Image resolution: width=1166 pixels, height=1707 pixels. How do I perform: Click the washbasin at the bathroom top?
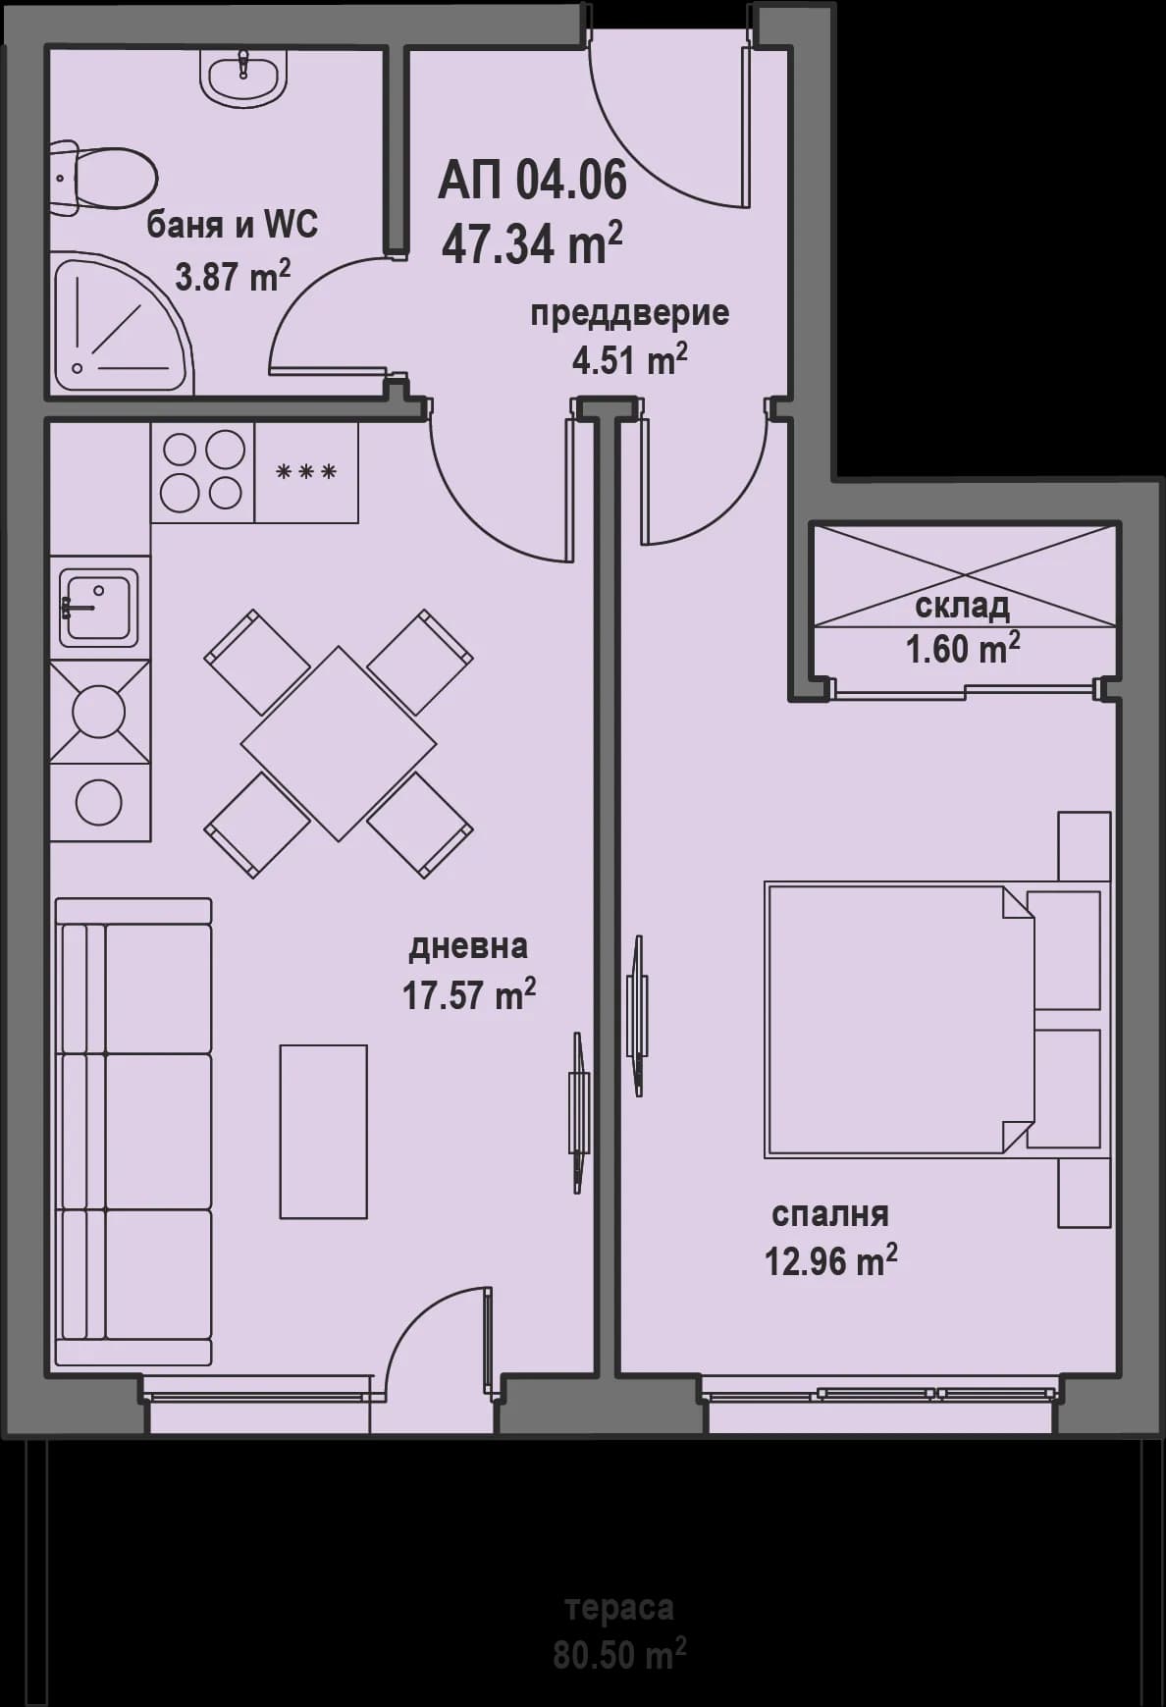pos(244,75)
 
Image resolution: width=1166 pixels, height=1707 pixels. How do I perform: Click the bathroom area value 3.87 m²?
pos(233,276)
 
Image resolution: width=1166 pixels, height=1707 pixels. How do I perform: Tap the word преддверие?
pos(629,314)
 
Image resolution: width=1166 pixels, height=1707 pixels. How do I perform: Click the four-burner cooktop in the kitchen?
pos(202,471)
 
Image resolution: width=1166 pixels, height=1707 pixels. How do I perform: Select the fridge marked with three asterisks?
pos(306,472)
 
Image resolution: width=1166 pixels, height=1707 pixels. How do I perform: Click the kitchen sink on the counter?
pos(98,610)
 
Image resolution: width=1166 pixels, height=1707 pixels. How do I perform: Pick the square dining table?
pos(339,743)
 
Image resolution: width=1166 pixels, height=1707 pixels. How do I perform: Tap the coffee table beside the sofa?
pos(324,1131)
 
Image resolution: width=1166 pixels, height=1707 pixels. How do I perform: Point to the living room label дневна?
pos(468,946)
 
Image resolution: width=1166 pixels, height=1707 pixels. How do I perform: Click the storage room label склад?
pos(962,607)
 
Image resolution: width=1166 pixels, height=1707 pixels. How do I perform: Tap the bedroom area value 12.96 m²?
pos(830,1260)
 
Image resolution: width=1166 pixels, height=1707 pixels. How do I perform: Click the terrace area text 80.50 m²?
pos(619,1656)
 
